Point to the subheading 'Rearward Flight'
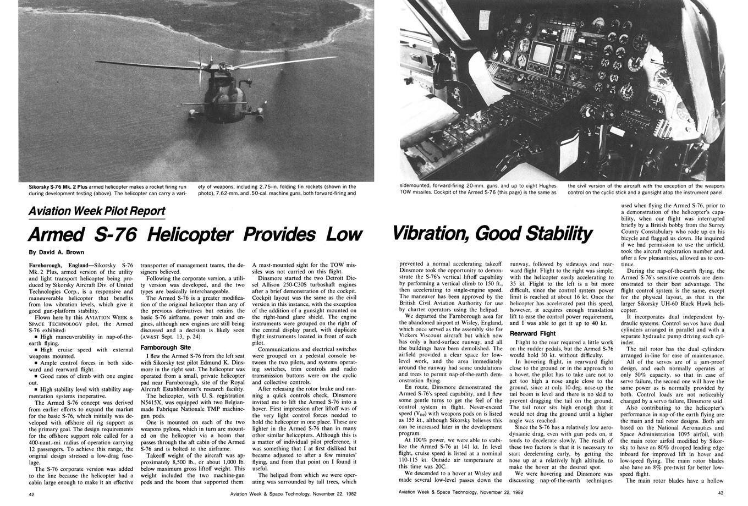click(x=532, y=333)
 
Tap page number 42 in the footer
click(x=32, y=494)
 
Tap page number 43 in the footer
click(x=721, y=492)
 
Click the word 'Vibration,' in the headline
click(x=431, y=234)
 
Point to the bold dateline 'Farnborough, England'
click(x=60, y=265)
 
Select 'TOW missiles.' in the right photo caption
click(x=417, y=193)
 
